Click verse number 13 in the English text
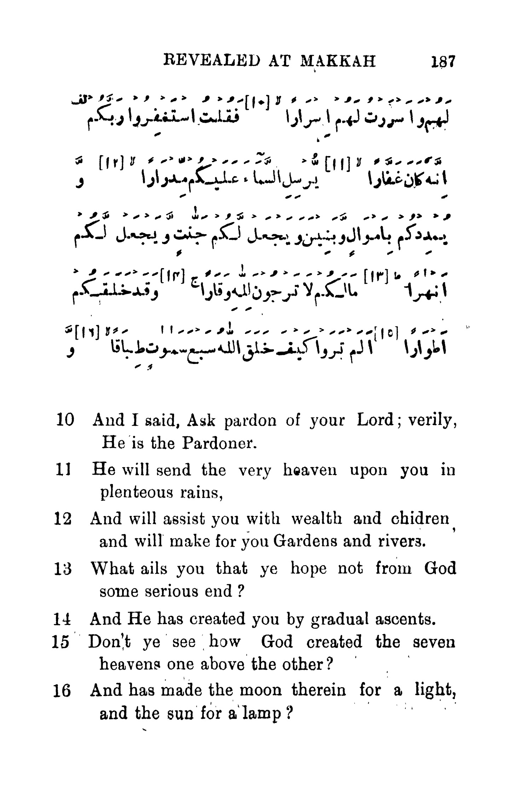click(x=64, y=568)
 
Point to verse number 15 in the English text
click(x=60, y=642)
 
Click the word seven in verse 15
click(x=434, y=642)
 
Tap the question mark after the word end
click(x=242, y=591)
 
